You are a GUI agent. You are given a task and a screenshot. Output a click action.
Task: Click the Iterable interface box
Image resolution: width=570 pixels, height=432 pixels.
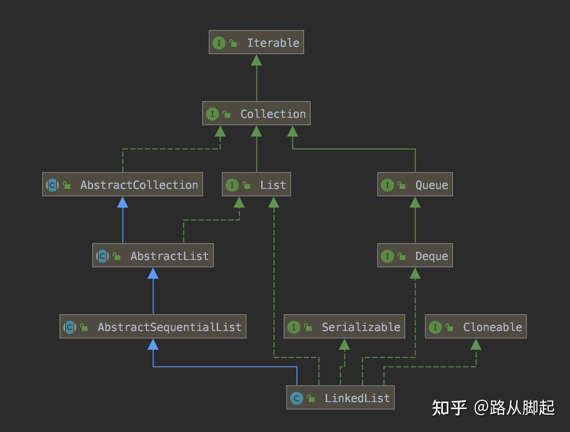pyautogui.click(x=256, y=43)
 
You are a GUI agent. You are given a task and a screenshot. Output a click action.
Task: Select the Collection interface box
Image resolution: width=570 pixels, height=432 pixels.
pyautogui.click(x=256, y=114)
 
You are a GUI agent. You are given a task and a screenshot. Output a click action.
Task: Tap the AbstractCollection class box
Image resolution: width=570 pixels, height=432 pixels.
pyautogui.click(x=123, y=185)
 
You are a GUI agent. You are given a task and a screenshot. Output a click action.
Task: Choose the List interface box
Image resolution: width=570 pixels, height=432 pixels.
pyautogui.click(x=256, y=185)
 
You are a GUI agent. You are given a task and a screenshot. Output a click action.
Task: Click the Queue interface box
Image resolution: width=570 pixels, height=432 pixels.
pyautogui.click(x=415, y=185)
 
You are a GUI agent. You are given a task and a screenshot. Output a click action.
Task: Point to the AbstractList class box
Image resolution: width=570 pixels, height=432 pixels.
pyautogui.click(x=153, y=256)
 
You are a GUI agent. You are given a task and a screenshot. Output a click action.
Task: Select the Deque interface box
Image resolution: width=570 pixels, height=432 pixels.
pyautogui.click(x=415, y=256)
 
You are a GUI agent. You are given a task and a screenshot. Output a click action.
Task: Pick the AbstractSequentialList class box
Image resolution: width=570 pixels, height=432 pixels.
pyautogui.click(x=153, y=327)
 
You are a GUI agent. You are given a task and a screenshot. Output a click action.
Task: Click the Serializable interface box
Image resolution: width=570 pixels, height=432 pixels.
pyautogui.click(x=344, y=327)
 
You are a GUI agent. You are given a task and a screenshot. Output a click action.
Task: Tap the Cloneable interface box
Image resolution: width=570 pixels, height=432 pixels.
pyautogui.click(x=475, y=327)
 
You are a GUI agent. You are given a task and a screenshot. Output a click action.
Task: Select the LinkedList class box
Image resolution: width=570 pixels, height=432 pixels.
pyautogui.click(x=340, y=398)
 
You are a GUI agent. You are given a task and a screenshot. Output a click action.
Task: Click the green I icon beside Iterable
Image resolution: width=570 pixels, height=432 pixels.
pyautogui.click(x=219, y=43)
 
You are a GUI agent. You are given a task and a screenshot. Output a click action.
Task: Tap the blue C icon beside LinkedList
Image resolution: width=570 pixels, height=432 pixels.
pyautogui.click(x=296, y=398)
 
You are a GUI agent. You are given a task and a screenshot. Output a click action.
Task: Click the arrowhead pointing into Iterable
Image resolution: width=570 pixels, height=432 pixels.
pyautogui.click(x=256, y=60)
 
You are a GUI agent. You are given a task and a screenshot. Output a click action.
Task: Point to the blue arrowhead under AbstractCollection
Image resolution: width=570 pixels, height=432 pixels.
pyautogui.click(x=123, y=202)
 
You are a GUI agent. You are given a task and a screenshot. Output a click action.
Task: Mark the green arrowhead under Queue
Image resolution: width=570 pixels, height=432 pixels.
pyautogui.click(x=415, y=202)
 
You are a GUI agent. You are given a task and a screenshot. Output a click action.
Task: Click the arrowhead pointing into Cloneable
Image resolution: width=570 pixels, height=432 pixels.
pyautogui.click(x=475, y=345)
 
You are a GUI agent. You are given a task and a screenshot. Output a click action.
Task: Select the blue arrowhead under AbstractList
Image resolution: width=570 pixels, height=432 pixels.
pyautogui.click(x=153, y=273)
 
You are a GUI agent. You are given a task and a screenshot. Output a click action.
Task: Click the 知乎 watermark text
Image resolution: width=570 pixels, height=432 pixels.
pyautogui.click(x=449, y=407)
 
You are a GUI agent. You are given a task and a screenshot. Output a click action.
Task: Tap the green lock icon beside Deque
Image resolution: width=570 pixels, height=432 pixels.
pyautogui.click(x=402, y=256)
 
